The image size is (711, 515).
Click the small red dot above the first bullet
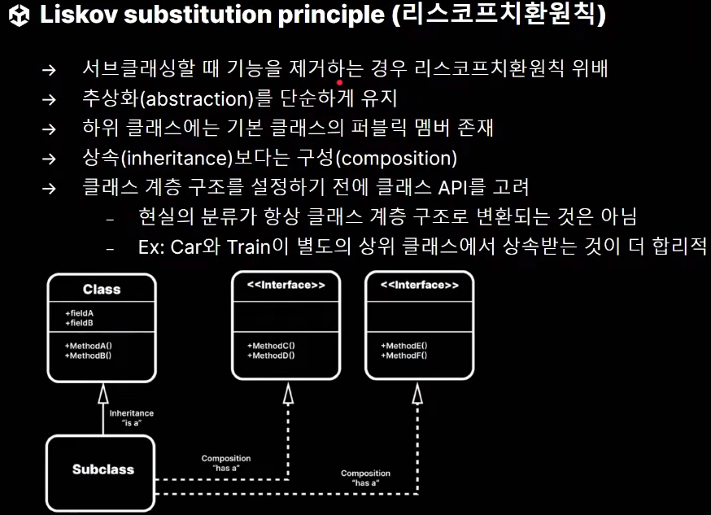tap(339, 82)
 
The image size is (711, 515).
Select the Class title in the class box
tap(102, 289)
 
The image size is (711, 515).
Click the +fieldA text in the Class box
tap(79, 312)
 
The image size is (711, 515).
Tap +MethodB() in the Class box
tap(88, 355)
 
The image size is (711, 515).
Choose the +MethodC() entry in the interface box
tap(271, 346)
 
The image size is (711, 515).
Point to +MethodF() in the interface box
tap(404, 355)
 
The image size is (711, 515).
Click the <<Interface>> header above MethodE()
tap(419, 286)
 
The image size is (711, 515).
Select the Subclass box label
tap(103, 469)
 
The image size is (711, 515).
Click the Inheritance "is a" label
tap(131, 417)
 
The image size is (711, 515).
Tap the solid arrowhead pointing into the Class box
tap(103, 394)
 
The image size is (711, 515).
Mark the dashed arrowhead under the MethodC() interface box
tap(288, 394)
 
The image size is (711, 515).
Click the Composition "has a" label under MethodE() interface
tap(365, 478)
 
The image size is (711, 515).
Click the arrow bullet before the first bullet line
tap(49, 70)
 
